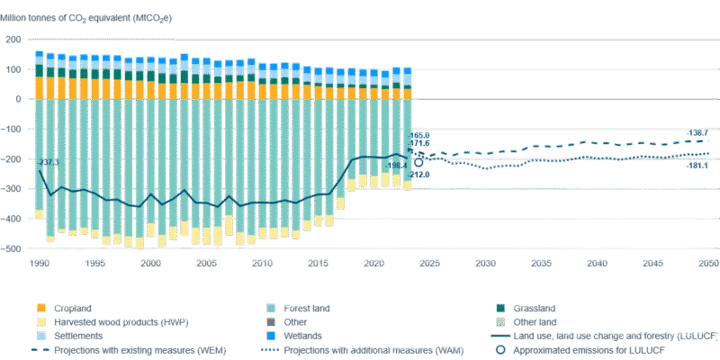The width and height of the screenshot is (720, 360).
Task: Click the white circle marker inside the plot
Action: [x=418, y=163]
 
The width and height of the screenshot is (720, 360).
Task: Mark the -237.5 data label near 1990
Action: [x=49, y=163]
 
